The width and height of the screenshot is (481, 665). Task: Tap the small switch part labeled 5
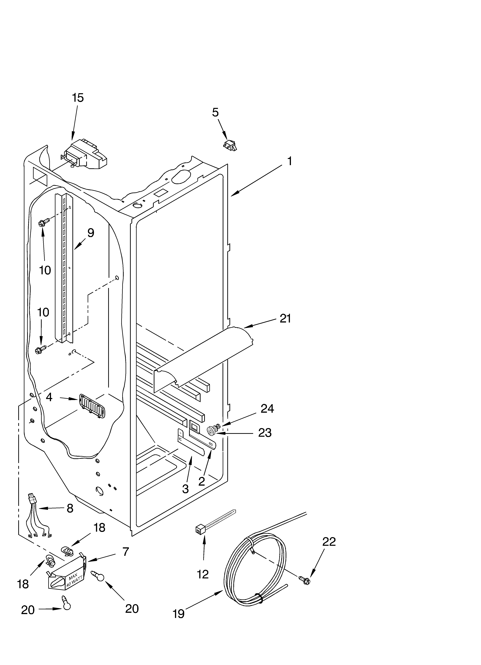point(230,145)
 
